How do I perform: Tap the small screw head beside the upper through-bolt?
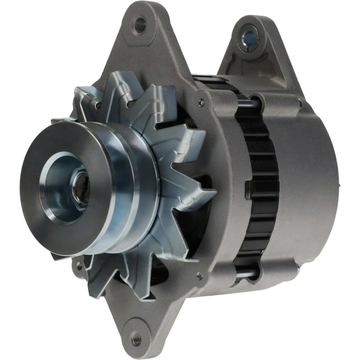coord(201,103)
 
